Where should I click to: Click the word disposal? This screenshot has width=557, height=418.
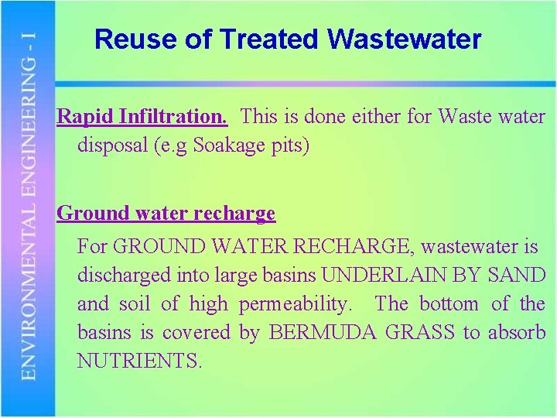(x=111, y=146)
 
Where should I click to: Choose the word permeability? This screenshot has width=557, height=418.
(x=294, y=304)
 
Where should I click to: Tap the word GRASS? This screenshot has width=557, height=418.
(x=420, y=333)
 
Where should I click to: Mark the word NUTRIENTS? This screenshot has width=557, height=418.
(x=139, y=361)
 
